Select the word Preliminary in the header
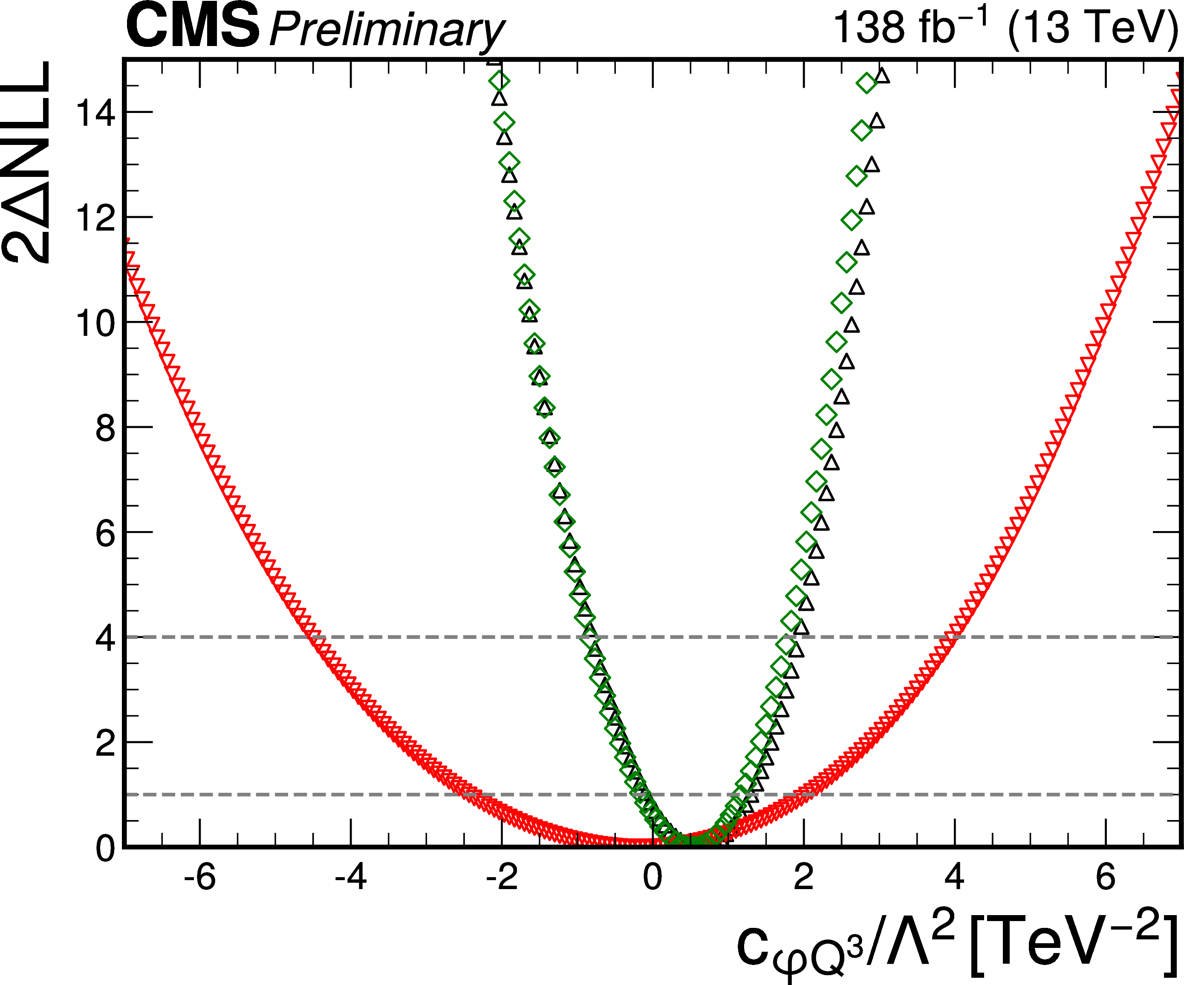coord(387,31)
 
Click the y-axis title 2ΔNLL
coord(27,162)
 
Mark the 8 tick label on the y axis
coord(105,428)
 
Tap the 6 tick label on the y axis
coord(105,533)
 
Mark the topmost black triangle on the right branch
coord(882,75)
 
